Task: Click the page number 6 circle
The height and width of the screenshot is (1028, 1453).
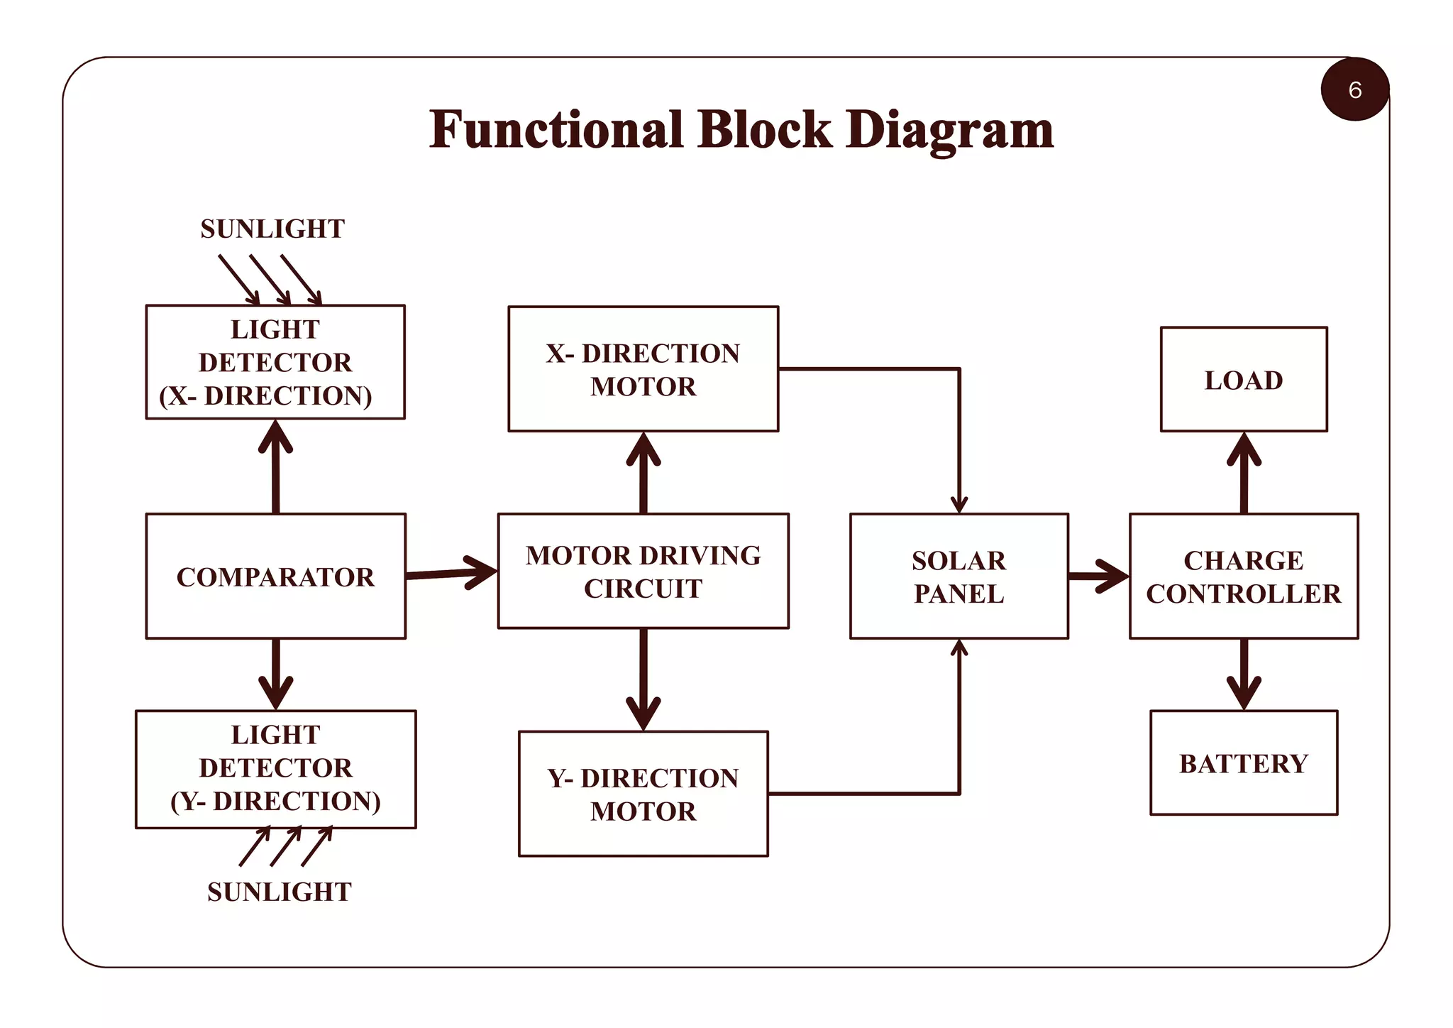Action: click(x=1354, y=89)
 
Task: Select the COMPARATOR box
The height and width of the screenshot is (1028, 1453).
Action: click(x=275, y=576)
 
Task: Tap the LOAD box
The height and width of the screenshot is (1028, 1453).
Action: click(x=1243, y=380)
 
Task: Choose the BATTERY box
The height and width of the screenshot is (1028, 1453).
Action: click(x=1243, y=763)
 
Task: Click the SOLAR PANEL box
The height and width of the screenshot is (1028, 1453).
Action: click(x=958, y=576)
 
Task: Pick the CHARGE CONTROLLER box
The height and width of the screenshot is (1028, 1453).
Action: click(x=1243, y=576)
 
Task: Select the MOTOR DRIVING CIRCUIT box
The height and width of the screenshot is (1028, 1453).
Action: click(x=643, y=572)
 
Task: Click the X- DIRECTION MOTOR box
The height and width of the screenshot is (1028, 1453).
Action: click(x=643, y=369)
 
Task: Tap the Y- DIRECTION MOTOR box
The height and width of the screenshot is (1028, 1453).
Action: click(x=643, y=794)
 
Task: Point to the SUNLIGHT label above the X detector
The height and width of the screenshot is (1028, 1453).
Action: click(x=272, y=229)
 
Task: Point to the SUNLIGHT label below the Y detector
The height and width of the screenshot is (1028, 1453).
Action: click(x=279, y=892)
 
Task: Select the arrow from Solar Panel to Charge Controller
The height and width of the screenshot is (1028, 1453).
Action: click(x=1098, y=576)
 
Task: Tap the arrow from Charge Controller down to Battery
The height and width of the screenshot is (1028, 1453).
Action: click(x=1244, y=674)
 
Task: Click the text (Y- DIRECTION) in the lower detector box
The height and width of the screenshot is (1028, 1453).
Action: click(x=275, y=801)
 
